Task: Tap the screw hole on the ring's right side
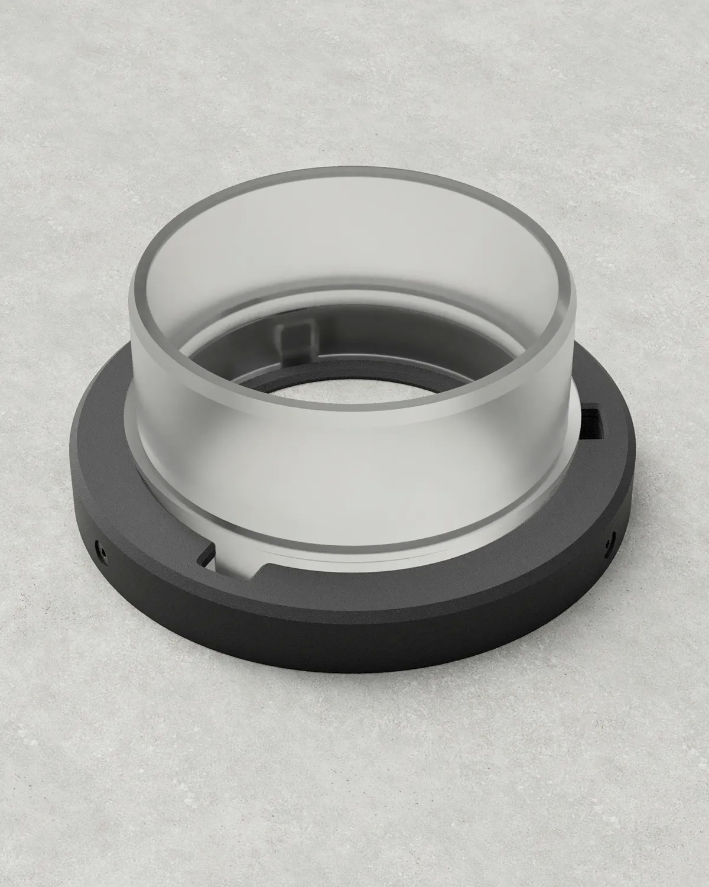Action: [610, 539]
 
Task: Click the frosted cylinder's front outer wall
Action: [354, 461]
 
